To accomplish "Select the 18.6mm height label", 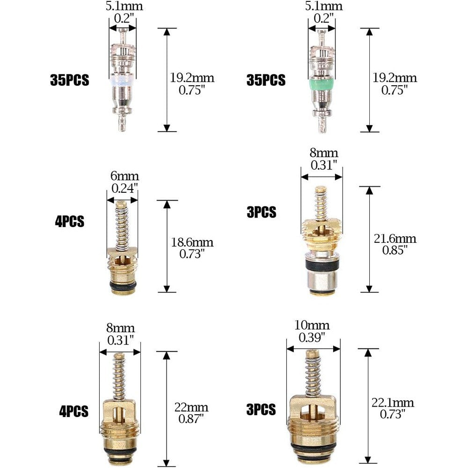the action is click(192, 242).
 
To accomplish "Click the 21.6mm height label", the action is click(395, 239).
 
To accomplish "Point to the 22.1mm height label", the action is click(393, 402).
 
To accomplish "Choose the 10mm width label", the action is click(312, 325).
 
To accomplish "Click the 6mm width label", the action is click(124, 176).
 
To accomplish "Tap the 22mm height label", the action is click(191, 407).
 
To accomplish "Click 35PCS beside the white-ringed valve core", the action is click(70, 80).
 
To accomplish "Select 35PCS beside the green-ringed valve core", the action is click(266, 80).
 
